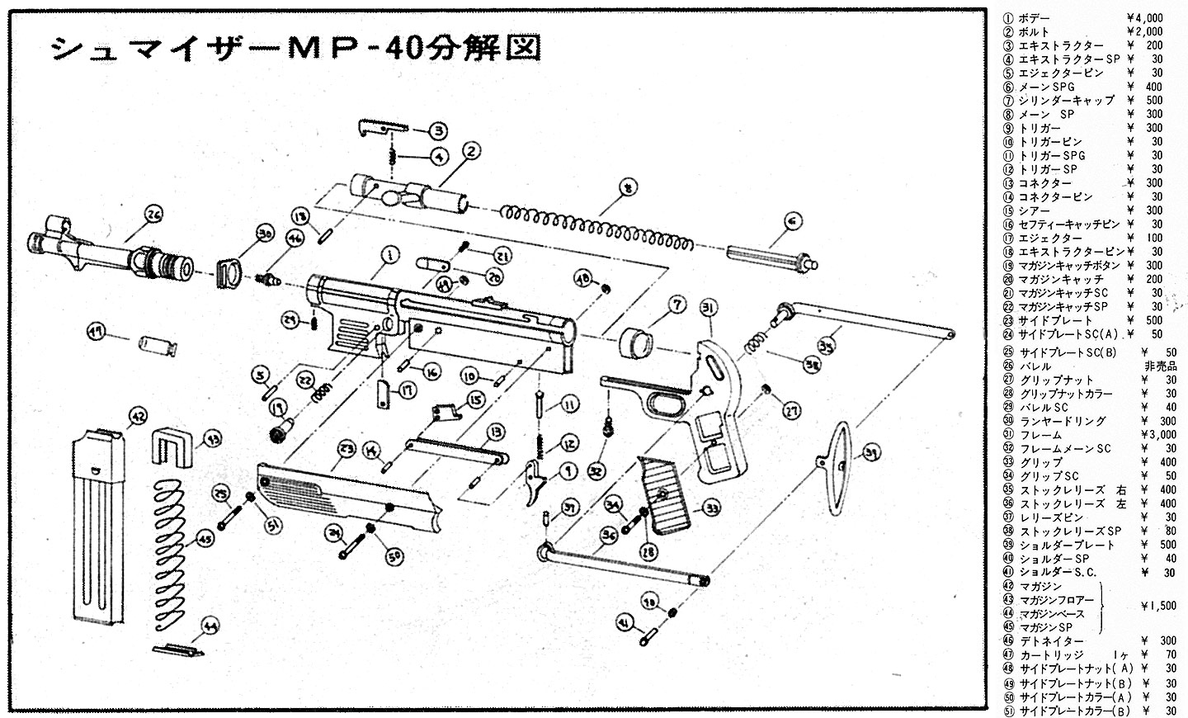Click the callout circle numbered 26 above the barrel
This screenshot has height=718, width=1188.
point(153,215)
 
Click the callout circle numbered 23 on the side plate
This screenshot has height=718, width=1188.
point(346,450)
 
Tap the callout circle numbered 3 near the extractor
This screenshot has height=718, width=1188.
point(437,130)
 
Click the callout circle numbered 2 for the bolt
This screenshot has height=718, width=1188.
point(470,151)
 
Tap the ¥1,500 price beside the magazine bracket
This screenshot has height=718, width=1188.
point(1159,606)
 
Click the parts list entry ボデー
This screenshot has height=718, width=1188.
point(1035,17)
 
